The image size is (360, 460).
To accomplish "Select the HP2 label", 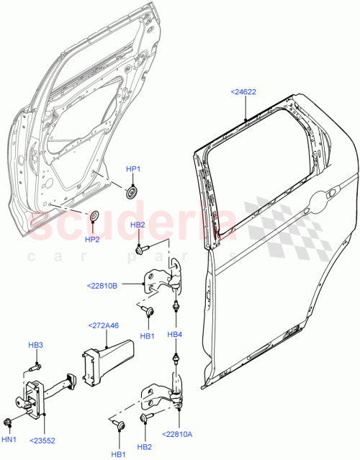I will point(92,239).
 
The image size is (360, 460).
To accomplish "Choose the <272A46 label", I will point(103,326).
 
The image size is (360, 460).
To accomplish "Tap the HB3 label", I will point(36,346).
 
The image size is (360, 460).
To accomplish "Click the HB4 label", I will point(176,335).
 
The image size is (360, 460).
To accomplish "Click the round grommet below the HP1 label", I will point(132,191).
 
